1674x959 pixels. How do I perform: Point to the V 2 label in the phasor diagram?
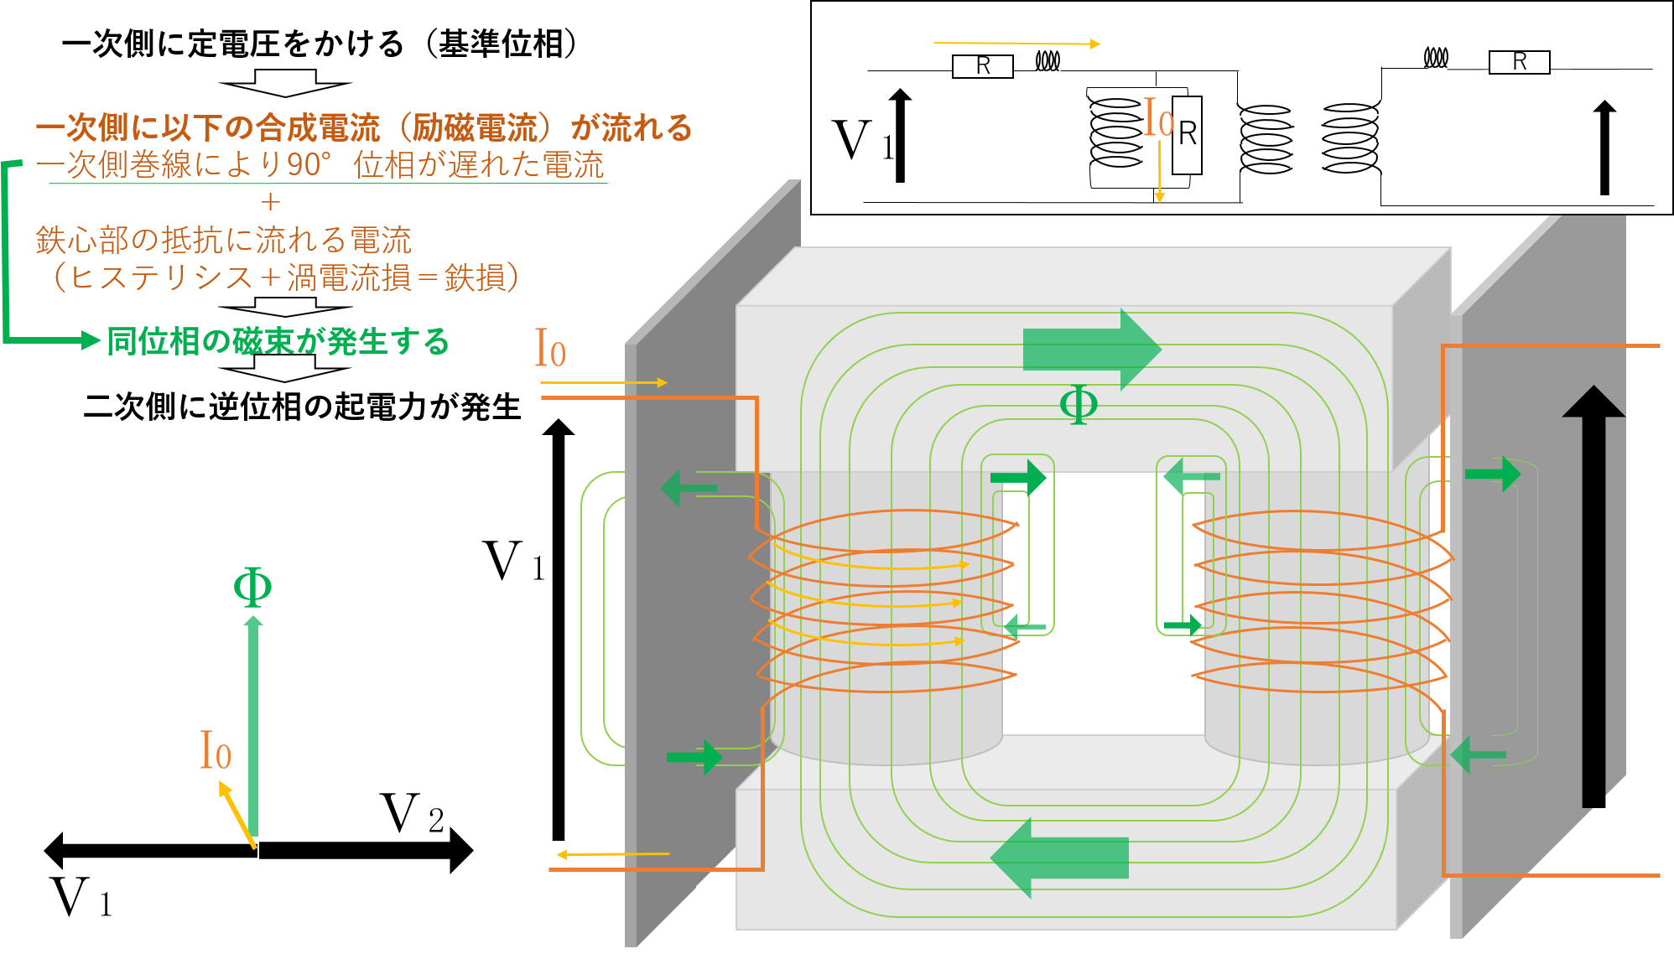pos(412,814)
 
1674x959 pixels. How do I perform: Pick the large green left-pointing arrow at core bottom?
pos(1059,858)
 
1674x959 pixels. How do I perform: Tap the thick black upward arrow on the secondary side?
pos(1593,596)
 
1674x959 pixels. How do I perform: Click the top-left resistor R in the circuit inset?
pos(983,65)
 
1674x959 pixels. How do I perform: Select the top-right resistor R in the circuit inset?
pos(1519,62)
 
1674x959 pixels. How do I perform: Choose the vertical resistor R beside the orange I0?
pos(1187,135)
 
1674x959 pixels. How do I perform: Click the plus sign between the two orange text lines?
pos(270,202)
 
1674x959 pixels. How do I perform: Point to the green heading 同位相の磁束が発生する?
pos(278,341)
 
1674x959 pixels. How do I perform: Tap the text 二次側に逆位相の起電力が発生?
pos(303,407)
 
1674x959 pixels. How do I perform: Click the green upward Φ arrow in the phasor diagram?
pos(253,726)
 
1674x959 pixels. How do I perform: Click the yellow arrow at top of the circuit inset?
pos(1017,43)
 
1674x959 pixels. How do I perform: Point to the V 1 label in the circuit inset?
pos(863,140)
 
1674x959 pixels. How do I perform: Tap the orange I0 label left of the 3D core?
pos(550,348)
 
